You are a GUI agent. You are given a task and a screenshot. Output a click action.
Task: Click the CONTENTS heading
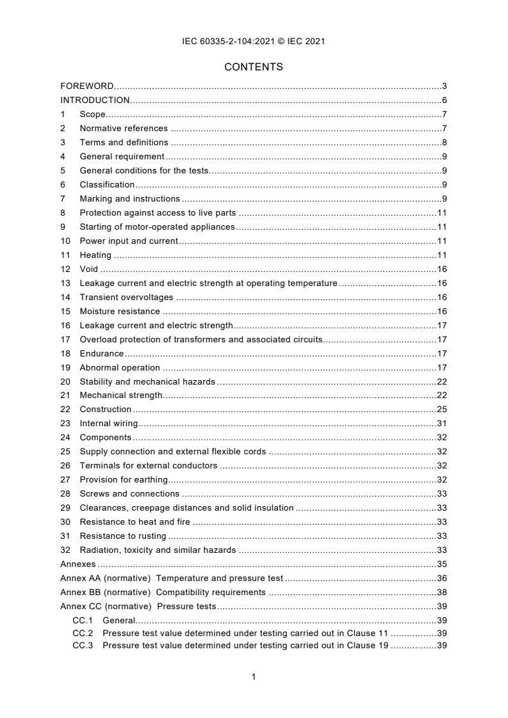[254, 67]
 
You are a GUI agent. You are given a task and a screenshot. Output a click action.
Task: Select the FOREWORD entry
[87, 86]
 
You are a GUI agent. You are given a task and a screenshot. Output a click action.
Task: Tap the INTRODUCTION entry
[95, 100]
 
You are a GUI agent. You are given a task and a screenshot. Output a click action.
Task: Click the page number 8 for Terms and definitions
[444, 142]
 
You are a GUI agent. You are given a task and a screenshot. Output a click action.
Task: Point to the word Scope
[92, 114]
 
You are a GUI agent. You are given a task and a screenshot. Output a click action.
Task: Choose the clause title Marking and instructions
[129, 198]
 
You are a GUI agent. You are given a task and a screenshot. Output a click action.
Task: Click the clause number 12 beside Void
[65, 269]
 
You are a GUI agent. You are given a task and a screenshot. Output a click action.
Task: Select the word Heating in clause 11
[95, 255]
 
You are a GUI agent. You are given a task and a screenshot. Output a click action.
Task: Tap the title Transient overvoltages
[126, 297]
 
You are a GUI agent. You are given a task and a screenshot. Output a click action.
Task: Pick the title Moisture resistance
[120, 311]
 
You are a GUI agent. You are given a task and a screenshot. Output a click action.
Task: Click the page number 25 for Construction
[441, 409]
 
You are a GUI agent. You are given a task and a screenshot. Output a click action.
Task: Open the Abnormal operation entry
[120, 367]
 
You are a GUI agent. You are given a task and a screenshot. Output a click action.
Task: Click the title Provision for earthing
[123, 479]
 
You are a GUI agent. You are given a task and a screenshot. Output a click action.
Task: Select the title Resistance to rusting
[123, 536]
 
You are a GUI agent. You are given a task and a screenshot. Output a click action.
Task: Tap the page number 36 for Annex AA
[441, 578]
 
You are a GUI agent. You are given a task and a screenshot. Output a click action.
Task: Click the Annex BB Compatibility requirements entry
[163, 592]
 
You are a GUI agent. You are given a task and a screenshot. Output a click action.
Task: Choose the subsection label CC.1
[83, 620]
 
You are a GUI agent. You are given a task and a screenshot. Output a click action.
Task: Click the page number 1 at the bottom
[254, 676]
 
